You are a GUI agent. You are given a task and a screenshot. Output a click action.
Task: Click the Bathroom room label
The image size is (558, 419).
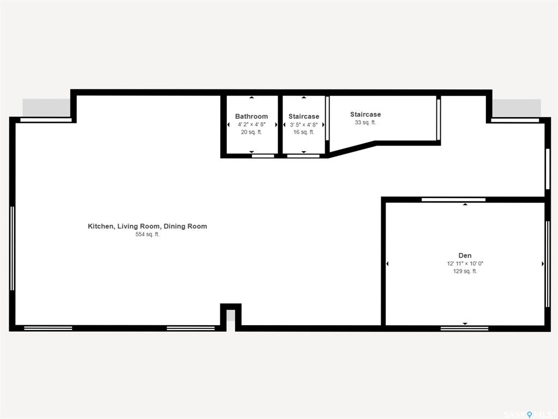[x=251, y=116]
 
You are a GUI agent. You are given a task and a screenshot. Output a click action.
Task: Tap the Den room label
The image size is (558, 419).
[x=465, y=255]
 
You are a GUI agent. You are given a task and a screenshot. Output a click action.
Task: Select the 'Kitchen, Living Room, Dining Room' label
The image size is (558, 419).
[x=147, y=226]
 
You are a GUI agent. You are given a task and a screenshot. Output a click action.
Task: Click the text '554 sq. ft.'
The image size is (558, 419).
[x=147, y=234]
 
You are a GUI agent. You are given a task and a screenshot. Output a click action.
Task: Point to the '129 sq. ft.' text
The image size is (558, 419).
[x=465, y=271]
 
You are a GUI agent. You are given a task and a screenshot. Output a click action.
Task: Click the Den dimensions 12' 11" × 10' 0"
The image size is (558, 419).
[x=465, y=264]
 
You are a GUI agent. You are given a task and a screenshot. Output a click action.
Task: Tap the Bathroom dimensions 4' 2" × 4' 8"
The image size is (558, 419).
[x=251, y=124]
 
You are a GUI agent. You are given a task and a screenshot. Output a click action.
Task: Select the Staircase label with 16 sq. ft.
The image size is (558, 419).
[x=304, y=116]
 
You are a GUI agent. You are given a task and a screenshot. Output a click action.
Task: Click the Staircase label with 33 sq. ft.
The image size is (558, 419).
[x=365, y=114]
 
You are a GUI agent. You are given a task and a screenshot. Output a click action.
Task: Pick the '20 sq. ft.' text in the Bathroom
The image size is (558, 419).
[x=251, y=132]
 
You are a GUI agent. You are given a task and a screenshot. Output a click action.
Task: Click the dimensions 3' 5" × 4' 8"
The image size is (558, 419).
[x=304, y=124]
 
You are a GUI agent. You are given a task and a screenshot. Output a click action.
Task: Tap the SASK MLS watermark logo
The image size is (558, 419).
[x=528, y=415]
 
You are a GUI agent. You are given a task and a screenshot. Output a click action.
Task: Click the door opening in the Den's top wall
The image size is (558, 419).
[x=453, y=200]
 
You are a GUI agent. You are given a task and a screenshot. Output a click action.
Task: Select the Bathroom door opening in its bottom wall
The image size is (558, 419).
[x=263, y=156]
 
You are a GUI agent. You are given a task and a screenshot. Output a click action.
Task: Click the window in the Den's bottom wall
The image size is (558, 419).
[x=464, y=328]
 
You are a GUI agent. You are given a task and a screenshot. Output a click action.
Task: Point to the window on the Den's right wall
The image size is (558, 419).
[x=548, y=264]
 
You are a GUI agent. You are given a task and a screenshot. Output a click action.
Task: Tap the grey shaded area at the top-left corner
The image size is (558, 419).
[x=46, y=107]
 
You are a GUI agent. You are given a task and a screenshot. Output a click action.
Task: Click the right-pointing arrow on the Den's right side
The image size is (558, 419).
[x=543, y=264]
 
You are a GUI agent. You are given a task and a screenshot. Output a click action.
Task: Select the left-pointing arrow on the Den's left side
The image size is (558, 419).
[x=387, y=264]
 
